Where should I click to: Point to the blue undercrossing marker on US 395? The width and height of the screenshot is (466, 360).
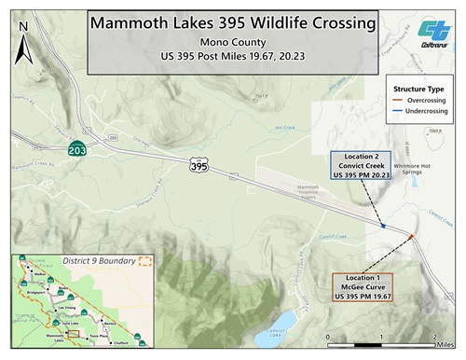point(384,225)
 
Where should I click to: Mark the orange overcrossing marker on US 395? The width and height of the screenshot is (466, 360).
point(411,239)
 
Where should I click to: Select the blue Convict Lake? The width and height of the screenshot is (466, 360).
point(284,322)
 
